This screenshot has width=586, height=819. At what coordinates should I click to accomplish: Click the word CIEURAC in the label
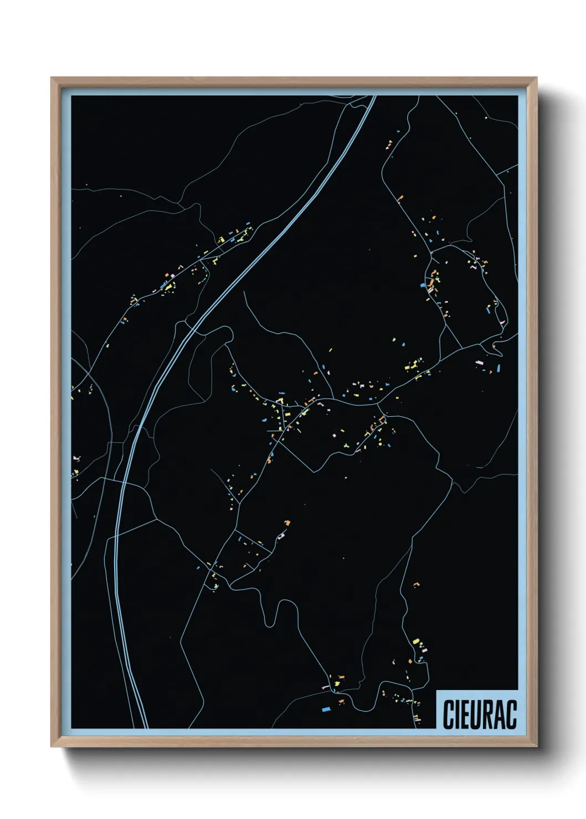point(479,715)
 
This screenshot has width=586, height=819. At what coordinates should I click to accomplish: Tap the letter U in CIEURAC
point(476,715)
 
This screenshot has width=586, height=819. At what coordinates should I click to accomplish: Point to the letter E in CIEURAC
point(465,715)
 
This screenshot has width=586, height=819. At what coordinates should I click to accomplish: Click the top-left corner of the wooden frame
point(52,78)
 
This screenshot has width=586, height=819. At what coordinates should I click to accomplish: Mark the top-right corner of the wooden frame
point(536,78)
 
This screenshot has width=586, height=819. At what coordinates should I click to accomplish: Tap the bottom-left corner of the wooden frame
point(52,745)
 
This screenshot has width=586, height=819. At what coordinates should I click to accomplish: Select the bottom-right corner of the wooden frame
point(536,745)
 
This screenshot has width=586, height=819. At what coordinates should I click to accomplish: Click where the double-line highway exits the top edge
point(373,97)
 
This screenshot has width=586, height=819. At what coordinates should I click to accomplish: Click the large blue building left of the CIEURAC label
point(326,708)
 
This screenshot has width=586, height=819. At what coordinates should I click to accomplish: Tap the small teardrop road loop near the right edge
point(497,346)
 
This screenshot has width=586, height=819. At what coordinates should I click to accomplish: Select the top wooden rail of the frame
point(294,82)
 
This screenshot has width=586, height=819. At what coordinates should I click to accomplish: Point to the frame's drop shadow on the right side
point(548,421)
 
